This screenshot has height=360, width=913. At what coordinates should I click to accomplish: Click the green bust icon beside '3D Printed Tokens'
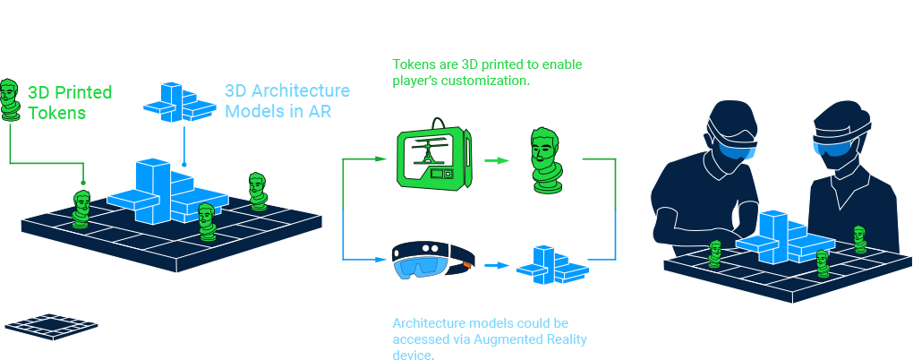point(11,99)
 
